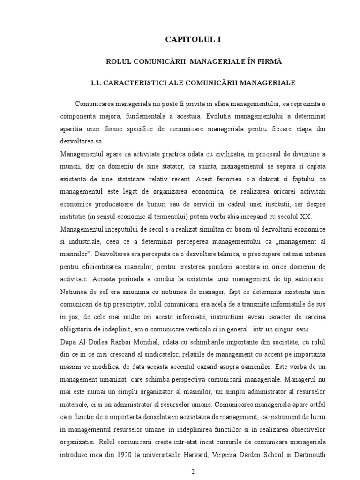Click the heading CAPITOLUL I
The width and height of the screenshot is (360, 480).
(x=192, y=40)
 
